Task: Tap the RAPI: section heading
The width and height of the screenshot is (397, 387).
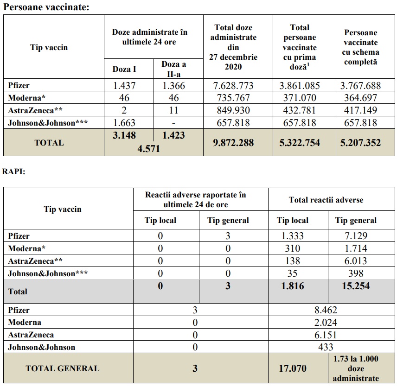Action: (x=14, y=171)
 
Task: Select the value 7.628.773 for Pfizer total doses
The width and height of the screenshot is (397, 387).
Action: (x=237, y=86)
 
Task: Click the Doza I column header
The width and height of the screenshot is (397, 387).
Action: (x=124, y=69)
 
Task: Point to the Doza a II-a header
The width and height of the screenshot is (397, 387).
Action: (x=179, y=69)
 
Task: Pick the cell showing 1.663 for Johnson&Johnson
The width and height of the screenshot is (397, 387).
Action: (x=124, y=123)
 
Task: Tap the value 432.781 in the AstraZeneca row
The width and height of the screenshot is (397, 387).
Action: (x=304, y=111)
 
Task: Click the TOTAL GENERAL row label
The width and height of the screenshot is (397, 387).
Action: (x=62, y=369)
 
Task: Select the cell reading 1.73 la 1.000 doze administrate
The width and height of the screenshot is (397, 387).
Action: (x=355, y=368)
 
